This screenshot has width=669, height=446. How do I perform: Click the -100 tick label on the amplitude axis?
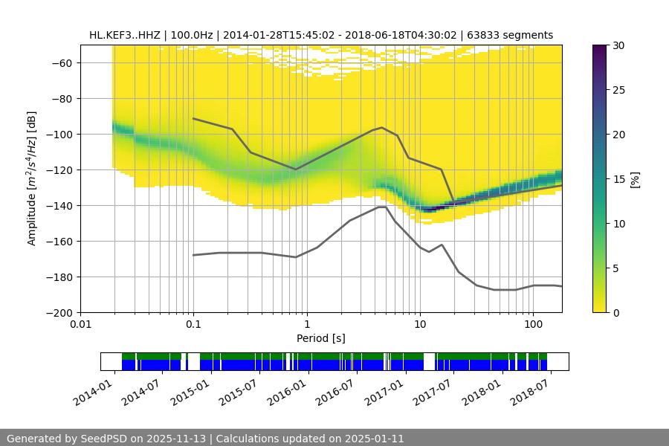(x=60, y=135)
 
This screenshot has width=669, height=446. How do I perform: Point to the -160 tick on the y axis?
(x=60, y=242)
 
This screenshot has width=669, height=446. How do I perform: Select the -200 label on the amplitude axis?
(x=60, y=313)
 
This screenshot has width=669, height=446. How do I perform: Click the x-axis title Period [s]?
(x=321, y=339)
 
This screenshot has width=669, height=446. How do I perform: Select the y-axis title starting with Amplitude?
(x=32, y=179)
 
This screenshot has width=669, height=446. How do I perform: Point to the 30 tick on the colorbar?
(x=618, y=45)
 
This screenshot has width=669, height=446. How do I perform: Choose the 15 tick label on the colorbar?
(x=618, y=179)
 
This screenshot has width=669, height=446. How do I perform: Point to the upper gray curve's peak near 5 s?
(x=382, y=127)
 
